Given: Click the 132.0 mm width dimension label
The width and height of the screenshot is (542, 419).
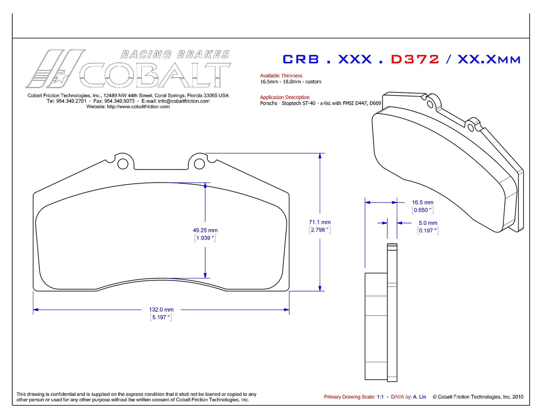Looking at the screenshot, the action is click(161, 309).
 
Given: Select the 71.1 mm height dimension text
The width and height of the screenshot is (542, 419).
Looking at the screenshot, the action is click(320, 222).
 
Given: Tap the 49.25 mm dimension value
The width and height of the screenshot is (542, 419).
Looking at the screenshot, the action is click(205, 230).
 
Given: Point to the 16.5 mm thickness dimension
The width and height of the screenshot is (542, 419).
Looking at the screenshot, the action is click(422, 202).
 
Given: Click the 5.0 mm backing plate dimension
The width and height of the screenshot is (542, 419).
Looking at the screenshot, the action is click(428, 223).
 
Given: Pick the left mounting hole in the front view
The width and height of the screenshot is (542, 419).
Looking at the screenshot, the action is click(123, 164).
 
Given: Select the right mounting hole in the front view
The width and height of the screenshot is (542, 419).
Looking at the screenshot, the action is click(199, 164).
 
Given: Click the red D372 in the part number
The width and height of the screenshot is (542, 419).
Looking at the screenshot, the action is click(414, 59).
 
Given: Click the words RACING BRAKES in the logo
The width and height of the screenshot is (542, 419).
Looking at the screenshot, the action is click(175, 54).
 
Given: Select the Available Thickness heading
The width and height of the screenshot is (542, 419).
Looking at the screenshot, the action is click(281, 75).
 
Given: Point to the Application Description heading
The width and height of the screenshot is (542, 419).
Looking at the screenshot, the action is click(285, 97).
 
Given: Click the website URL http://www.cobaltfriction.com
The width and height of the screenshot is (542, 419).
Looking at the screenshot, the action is click(138, 107).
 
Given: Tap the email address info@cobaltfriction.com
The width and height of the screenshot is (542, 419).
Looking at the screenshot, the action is click(183, 101).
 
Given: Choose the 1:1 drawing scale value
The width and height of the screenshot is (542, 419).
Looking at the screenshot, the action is click(380, 397).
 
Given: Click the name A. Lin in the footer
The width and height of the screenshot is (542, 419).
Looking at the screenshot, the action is click(419, 397).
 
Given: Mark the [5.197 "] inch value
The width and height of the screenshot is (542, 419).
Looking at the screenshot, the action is click(161, 317).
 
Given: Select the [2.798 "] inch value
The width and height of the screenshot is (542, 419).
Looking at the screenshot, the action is click(320, 230).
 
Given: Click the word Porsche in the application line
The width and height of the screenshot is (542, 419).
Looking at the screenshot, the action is click(269, 103).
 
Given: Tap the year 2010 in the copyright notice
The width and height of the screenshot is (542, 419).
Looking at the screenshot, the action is click(518, 397).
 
